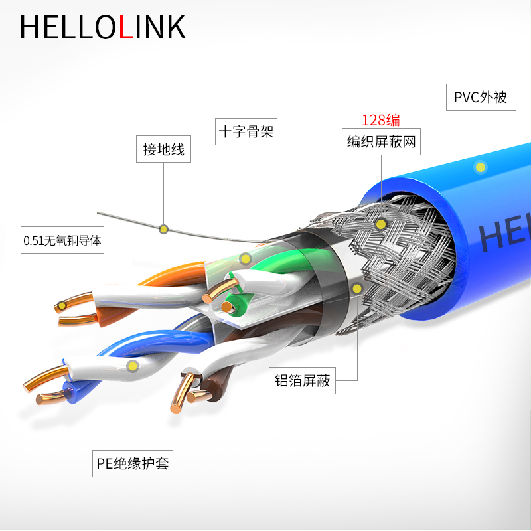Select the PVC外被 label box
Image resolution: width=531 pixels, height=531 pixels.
pyautogui.click(x=481, y=98)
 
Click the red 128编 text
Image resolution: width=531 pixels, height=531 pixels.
pyautogui.click(x=380, y=120)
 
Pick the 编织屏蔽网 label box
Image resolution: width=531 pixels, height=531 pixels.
pyautogui.click(x=381, y=141)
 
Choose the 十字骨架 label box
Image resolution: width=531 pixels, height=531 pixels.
pyautogui.click(x=246, y=132)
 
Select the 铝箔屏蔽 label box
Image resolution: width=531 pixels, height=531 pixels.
pyautogui.click(x=303, y=381)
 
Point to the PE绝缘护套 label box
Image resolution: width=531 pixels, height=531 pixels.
pyautogui.click(x=133, y=463)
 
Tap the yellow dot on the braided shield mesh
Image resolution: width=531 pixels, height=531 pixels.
pyautogui.click(x=380, y=224)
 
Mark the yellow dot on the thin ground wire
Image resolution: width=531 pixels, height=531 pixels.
pyautogui.click(x=163, y=229)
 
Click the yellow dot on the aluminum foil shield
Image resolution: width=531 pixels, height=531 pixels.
pyautogui.click(x=357, y=289)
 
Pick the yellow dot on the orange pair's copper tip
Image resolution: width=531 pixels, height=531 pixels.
pyautogui.click(x=61, y=306)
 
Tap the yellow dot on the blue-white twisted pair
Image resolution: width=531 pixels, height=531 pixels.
pyautogui.click(x=133, y=366)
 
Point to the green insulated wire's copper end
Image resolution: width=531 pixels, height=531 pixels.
pyautogui.click(x=227, y=307)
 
